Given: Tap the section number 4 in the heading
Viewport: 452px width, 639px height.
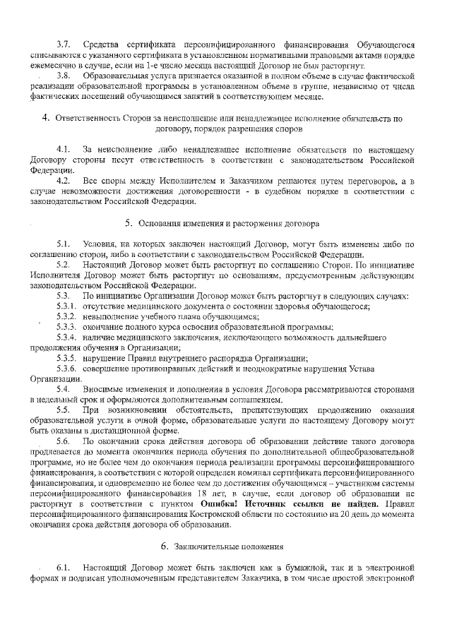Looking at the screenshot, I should coord(44,119).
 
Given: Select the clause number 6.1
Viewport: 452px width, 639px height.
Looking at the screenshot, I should coord(64,568).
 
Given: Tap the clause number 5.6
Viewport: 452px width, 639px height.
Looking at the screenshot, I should coord(64,441).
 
